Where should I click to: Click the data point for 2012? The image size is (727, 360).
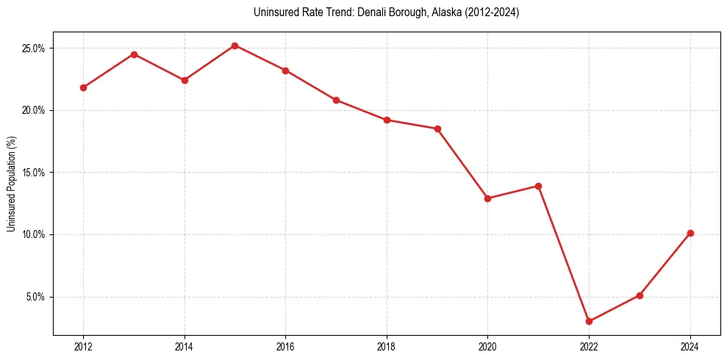tap(83, 87)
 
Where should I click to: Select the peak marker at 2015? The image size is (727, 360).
tap(234, 46)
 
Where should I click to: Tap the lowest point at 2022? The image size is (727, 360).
tap(589, 321)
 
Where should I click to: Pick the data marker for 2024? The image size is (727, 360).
tap(690, 233)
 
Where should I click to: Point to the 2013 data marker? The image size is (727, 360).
tap(134, 54)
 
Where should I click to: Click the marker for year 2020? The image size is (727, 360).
tap(487, 198)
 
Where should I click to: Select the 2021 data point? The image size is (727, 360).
tap(538, 186)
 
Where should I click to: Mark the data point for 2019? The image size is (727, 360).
tap(437, 129)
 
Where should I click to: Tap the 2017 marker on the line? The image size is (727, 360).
tap(336, 100)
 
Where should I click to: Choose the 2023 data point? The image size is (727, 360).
tap(640, 295)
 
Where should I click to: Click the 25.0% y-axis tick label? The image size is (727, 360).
tap(34, 48)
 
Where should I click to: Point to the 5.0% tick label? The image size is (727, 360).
tap(36, 297)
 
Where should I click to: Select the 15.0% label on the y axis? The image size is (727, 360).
tap(34, 173)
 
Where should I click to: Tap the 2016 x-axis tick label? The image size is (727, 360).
tap(285, 347)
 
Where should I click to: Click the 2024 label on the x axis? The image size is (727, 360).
tap(690, 347)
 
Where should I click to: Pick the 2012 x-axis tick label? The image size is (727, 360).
tap(83, 347)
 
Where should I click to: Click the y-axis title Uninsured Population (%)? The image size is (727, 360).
tap(11, 183)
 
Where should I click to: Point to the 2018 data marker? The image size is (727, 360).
tap(387, 120)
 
